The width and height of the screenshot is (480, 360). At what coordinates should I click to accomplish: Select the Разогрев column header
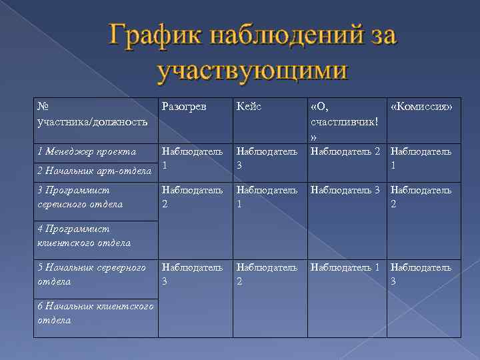(x=184, y=107)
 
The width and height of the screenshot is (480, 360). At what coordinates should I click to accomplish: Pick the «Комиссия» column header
(x=421, y=107)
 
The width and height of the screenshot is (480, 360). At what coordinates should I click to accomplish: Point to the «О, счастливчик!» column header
(x=344, y=121)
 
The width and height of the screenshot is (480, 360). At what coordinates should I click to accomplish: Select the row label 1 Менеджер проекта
(x=87, y=152)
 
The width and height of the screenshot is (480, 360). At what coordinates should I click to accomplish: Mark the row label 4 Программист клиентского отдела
(x=84, y=236)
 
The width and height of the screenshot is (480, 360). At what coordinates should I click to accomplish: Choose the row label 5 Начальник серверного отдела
(x=92, y=275)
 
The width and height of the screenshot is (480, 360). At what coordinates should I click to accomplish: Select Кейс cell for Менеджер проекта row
(x=267, y=158)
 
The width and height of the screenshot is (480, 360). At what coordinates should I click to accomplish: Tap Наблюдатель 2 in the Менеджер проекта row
(x=347, y=151)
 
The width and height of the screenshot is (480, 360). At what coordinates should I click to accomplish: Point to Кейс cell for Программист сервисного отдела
(x=267, y=197)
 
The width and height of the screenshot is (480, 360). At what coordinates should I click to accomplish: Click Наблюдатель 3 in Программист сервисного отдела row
(x=347, y=191)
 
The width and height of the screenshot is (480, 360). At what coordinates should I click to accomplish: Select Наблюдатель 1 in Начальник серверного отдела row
(x=347, y=268)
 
